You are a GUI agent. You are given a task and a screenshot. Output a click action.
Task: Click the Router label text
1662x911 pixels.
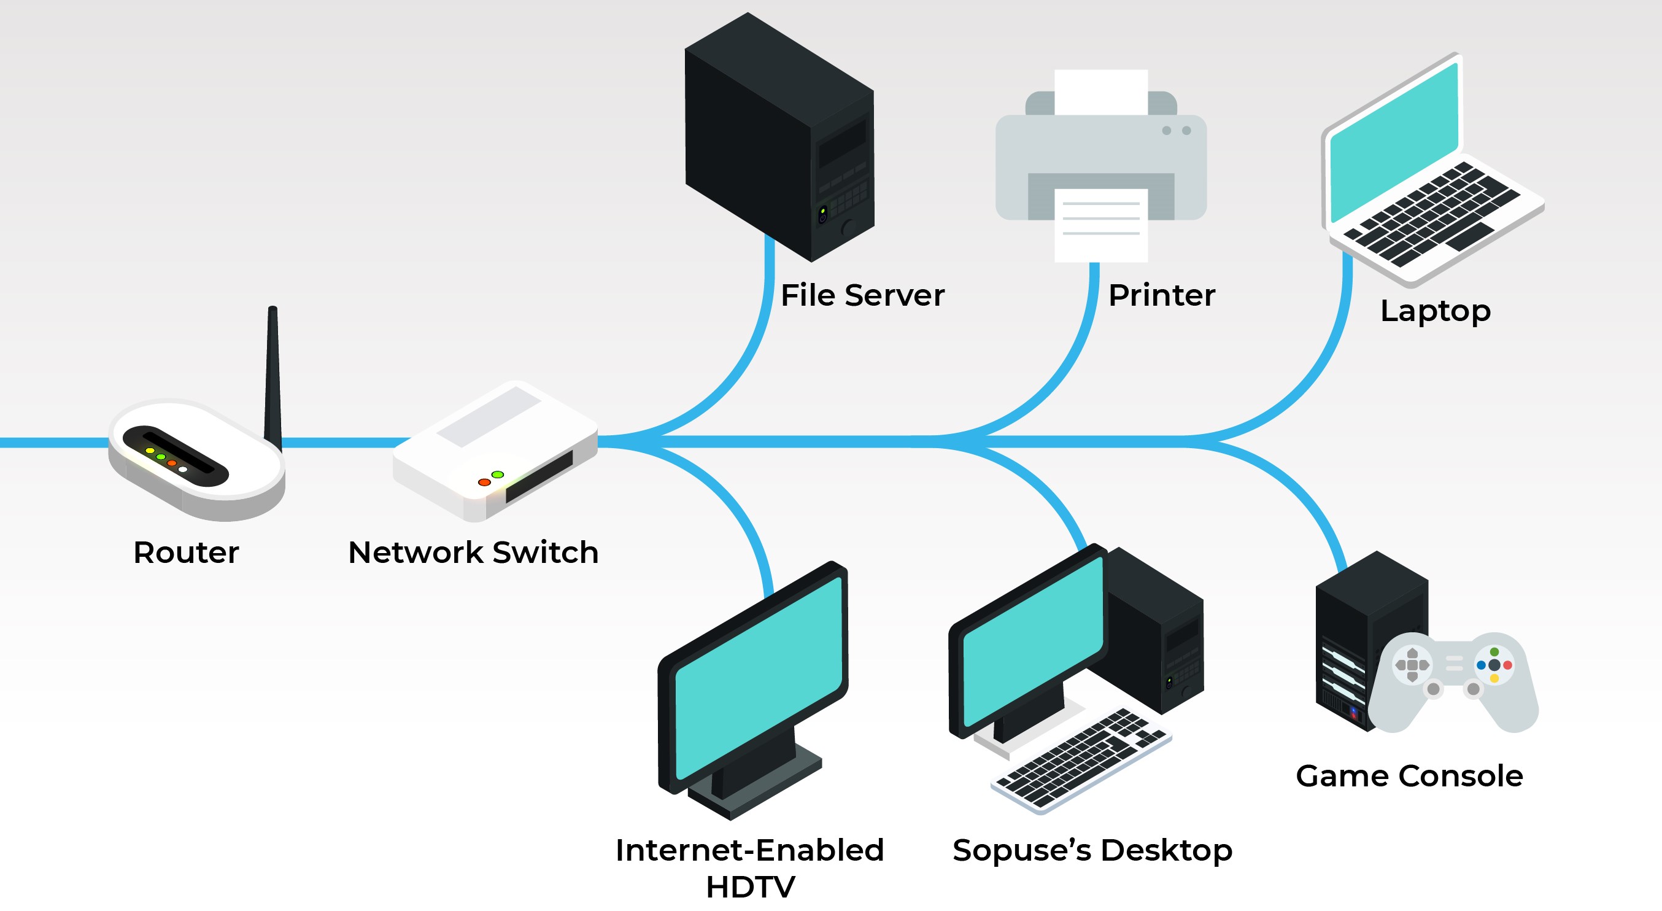coord(186,552)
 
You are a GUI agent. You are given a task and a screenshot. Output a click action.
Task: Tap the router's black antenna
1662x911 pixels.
coord(273,374)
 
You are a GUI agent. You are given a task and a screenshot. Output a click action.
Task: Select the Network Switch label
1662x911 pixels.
coord(473,552)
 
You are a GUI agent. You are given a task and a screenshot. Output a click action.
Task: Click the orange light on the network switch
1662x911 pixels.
coord(484,482)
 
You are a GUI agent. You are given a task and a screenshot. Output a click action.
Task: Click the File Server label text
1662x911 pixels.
coord(862,295)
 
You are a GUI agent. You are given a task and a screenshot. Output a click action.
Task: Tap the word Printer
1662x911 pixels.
coord(1161,295)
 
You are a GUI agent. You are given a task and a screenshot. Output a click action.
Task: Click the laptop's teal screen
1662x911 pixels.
coord(1394,142)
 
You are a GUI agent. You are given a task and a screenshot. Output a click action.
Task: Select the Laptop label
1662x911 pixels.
coord(1435,311)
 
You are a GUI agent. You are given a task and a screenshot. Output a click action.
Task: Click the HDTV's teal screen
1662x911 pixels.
coord(758,678)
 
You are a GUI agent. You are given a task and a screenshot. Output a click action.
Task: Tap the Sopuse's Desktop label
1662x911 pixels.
coord(1092,850)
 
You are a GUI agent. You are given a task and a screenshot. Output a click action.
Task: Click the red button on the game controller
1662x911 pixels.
coord(1508,665)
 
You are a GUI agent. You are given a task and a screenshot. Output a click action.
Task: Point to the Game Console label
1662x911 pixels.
coord(1409,775)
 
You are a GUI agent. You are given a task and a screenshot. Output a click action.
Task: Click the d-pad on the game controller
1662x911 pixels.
coord(1412,665)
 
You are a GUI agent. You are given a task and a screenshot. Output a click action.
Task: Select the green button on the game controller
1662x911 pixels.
coord(1494,653)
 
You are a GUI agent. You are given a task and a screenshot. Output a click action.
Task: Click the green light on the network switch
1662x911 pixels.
coord(498,474)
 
